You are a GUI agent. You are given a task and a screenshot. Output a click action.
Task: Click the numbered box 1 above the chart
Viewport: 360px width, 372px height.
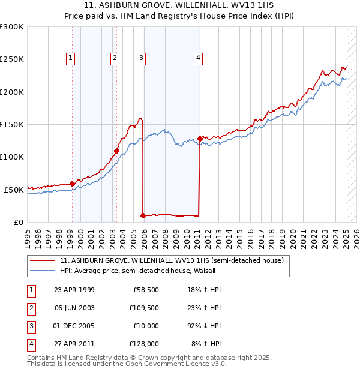point(71,58)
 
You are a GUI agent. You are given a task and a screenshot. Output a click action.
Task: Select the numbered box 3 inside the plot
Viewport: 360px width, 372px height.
point(141,58)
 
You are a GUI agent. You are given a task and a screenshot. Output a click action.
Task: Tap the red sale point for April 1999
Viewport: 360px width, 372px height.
point(72,184)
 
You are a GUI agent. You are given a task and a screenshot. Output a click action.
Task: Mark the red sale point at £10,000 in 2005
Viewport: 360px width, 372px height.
point(143,215)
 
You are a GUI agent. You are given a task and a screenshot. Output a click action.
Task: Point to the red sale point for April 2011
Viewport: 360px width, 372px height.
point(200,139)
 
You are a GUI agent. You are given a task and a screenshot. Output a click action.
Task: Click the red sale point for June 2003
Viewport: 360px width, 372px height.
point(116,151)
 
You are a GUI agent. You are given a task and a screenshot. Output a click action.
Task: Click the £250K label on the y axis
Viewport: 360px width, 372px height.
point(11,59)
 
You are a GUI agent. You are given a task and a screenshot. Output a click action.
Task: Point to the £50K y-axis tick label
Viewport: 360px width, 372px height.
point(14,190)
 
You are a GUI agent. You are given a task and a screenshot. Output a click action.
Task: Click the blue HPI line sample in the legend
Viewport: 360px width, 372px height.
point(41,271)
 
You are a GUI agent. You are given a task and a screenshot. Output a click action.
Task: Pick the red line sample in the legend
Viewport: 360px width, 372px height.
point(41,260)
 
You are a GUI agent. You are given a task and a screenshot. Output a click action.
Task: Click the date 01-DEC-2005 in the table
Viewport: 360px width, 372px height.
point(74,326)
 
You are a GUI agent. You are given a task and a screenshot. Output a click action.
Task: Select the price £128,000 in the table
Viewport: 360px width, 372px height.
point(144,344)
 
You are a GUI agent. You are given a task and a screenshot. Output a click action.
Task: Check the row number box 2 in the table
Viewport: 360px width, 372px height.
point(29,308)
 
